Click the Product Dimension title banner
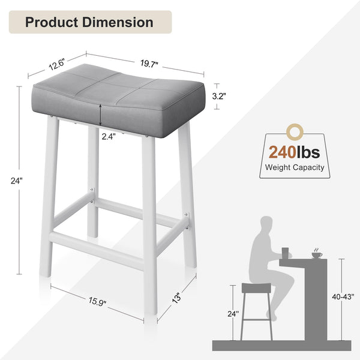[x=89, y=22]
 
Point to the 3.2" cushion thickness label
[x=219, y=95]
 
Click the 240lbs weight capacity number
[x=295, y=152]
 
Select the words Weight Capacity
[x=295, y=167]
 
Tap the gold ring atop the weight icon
[x=294, y=130]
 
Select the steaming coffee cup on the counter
[x=316, y=254]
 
